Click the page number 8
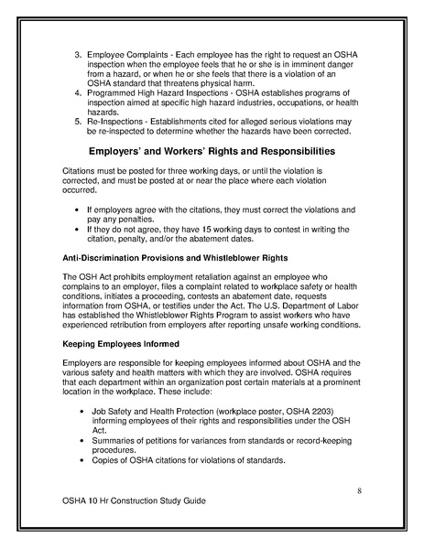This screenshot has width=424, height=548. click(360, 491)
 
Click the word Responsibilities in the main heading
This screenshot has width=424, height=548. click(286, 149)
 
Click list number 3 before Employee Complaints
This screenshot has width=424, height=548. click(77, 43)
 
